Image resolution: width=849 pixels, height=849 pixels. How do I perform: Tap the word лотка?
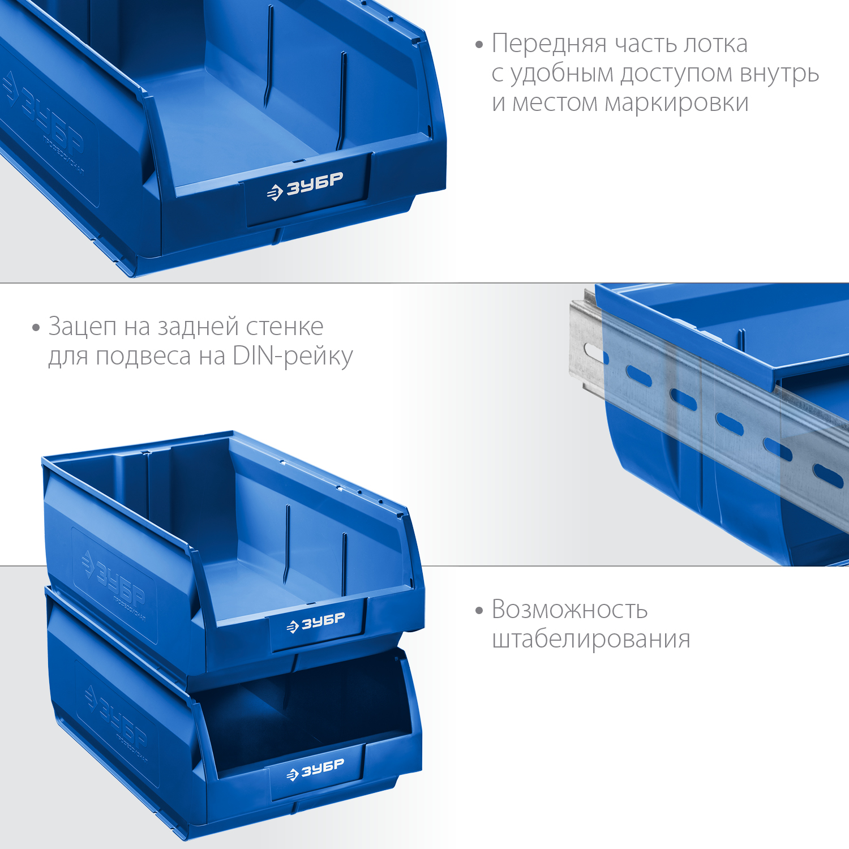[x=715, y=44]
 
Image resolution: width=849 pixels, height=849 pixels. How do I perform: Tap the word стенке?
[x=285, y=327]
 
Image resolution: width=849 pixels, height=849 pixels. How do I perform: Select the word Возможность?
[x=569, y=610]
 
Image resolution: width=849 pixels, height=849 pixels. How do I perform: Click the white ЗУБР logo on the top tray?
[x=305, y=186]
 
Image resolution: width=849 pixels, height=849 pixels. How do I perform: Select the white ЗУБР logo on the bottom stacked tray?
[x=316, y=769]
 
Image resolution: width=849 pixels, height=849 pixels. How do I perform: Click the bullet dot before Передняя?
[x=479, y=45]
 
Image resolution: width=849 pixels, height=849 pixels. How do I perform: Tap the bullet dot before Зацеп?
[x=36, y=328]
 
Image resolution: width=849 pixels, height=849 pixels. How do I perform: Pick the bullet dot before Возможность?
[x=479, y=611]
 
